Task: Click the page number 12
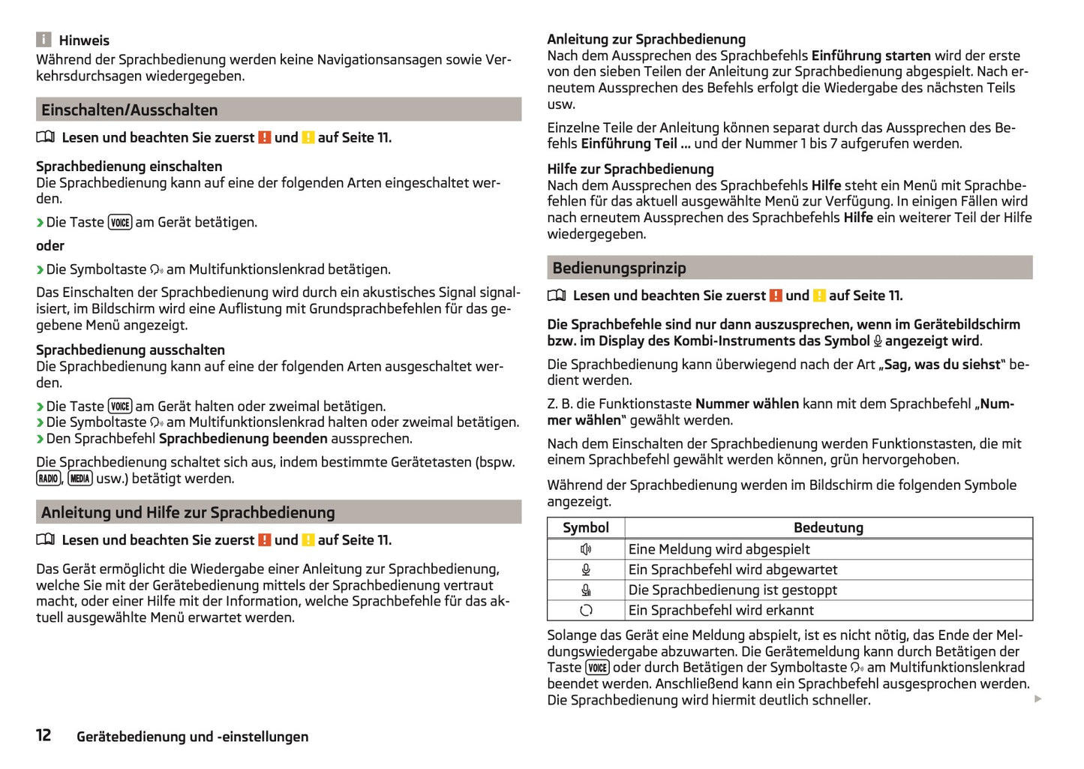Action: pos(44,735)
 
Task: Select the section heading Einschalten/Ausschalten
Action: pos(129,110)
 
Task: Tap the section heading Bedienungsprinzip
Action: pos(619,269)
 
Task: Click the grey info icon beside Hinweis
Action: pos(44,40)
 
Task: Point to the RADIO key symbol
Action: pos(48,479)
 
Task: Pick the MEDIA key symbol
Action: pos(80,479)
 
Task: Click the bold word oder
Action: pos(50,246)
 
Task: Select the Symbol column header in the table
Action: pos(586,528)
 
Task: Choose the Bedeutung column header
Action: pos(828,528)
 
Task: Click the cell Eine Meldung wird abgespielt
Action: pos(719,549)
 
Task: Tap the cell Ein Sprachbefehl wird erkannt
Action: pos(721,611)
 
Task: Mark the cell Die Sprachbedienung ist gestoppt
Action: pos(732,590)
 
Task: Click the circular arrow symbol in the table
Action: pos(587,611)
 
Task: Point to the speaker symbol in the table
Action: pos(587,549)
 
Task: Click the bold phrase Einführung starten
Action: pos(871,56)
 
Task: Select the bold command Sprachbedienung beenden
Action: pos(243,439)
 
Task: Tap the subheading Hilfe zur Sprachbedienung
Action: pos(630,170)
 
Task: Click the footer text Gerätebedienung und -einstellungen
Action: pos(192,737)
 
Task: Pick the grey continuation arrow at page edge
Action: pos(1038,699)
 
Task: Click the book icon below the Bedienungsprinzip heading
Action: pos(557,296)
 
